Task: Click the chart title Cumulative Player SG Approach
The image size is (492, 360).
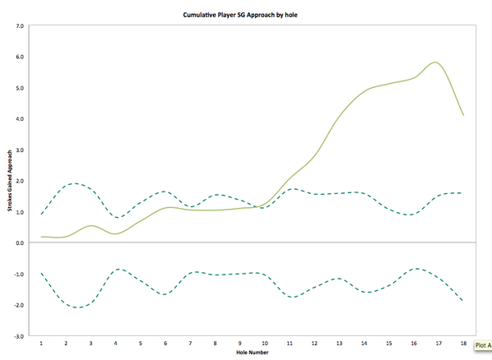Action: pos(246,15)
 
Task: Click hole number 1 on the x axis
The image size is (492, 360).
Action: pos(41,344)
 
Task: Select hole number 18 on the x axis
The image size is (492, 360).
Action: pos(464,344)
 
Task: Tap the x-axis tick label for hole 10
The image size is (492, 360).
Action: pos(265,344)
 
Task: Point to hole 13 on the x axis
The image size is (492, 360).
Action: pos(340,344)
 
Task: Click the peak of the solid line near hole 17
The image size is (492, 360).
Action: pos(435,62)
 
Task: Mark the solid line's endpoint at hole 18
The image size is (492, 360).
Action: pos(464,115)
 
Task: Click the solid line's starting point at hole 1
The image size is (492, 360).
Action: pos(41,237)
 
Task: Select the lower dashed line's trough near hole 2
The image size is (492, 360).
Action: pos(77,307)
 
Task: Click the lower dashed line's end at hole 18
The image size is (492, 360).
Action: pos(464,301)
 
